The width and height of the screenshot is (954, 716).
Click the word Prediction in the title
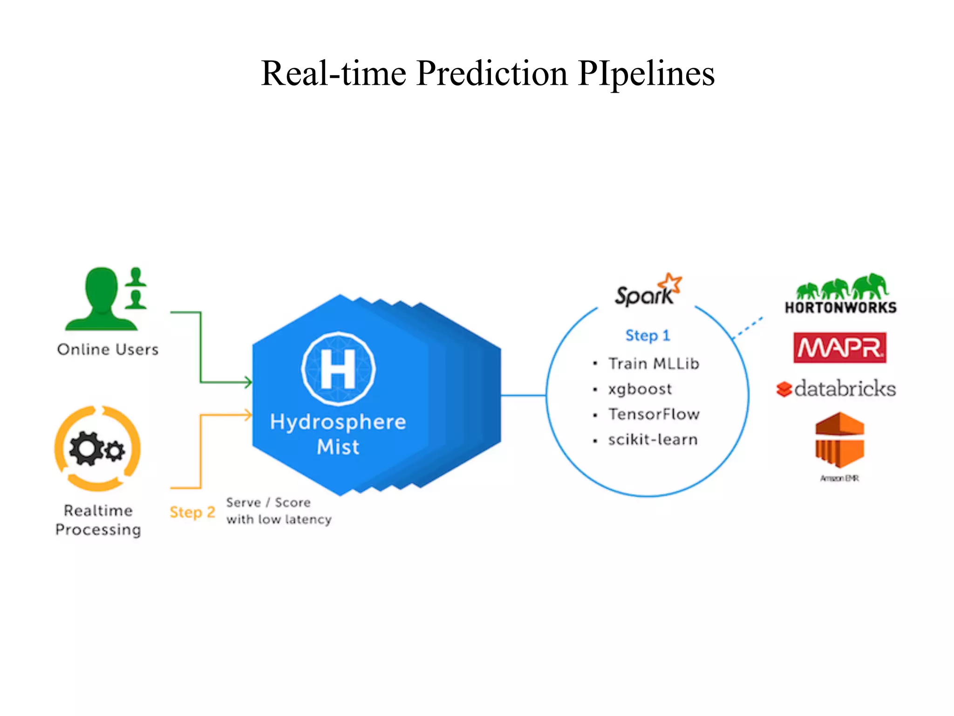(491, 73)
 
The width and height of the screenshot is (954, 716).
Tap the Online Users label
(108, 350)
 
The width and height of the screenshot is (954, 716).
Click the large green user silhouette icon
(102, 298)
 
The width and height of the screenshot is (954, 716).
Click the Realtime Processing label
(98, 520)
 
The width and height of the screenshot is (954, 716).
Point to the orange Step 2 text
(192, 512)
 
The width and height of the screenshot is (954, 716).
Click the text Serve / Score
(268, 503)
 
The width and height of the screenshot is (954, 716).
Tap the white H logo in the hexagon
(339, 369)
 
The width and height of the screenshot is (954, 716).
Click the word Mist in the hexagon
(338, 447)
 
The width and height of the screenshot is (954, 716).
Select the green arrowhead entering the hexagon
(248, 382)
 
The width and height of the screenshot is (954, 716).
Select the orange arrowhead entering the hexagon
(248, 414)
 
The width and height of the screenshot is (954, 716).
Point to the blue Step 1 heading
(647, 335)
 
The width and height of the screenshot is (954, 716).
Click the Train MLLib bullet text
(654, 364)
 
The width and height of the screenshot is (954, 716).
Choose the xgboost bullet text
(640, 389)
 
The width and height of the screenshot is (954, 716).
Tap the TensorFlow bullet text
(654, 414)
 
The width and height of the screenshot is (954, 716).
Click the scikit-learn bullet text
(653, 440)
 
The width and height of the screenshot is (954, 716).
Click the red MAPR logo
(840, 348)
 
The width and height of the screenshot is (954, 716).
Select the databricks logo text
(845, 388)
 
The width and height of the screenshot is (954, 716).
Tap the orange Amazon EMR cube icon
(839, 440)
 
